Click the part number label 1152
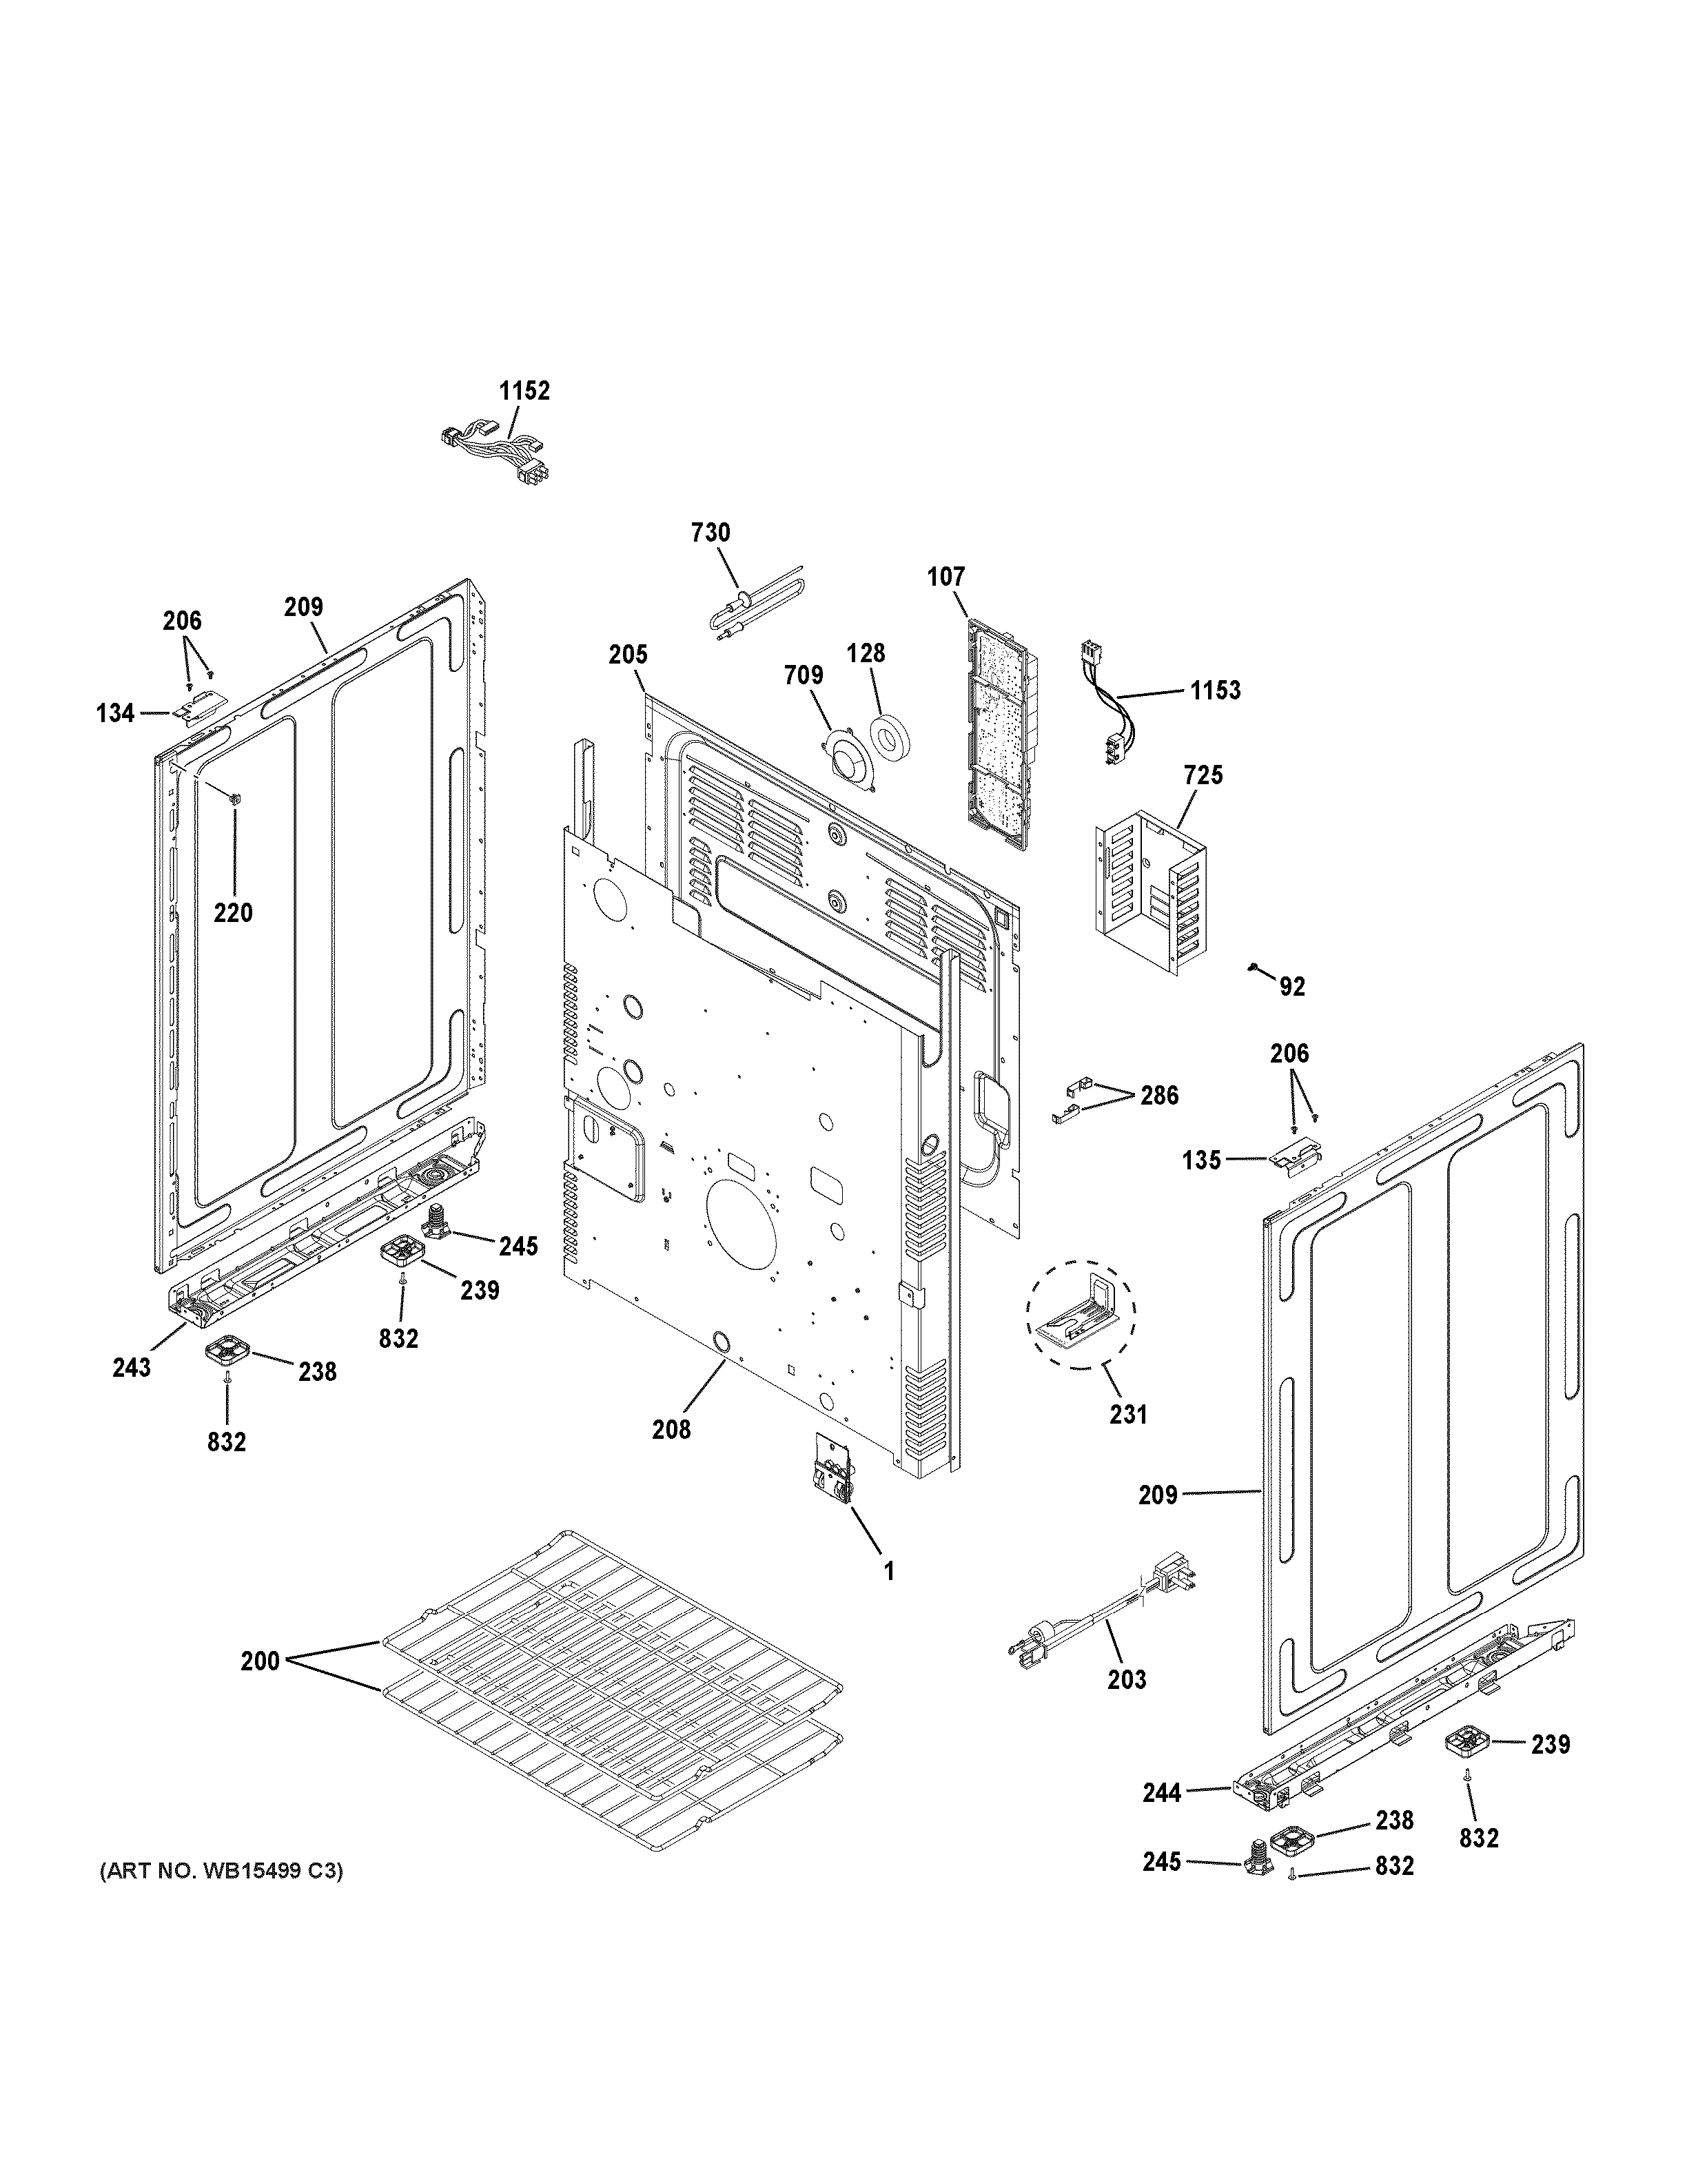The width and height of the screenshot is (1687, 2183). coord(524,391)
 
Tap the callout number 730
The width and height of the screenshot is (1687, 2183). coord(710,533)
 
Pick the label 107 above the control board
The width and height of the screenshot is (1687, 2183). coord(945,577)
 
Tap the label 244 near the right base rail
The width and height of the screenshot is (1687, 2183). coord(1163,1792)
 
